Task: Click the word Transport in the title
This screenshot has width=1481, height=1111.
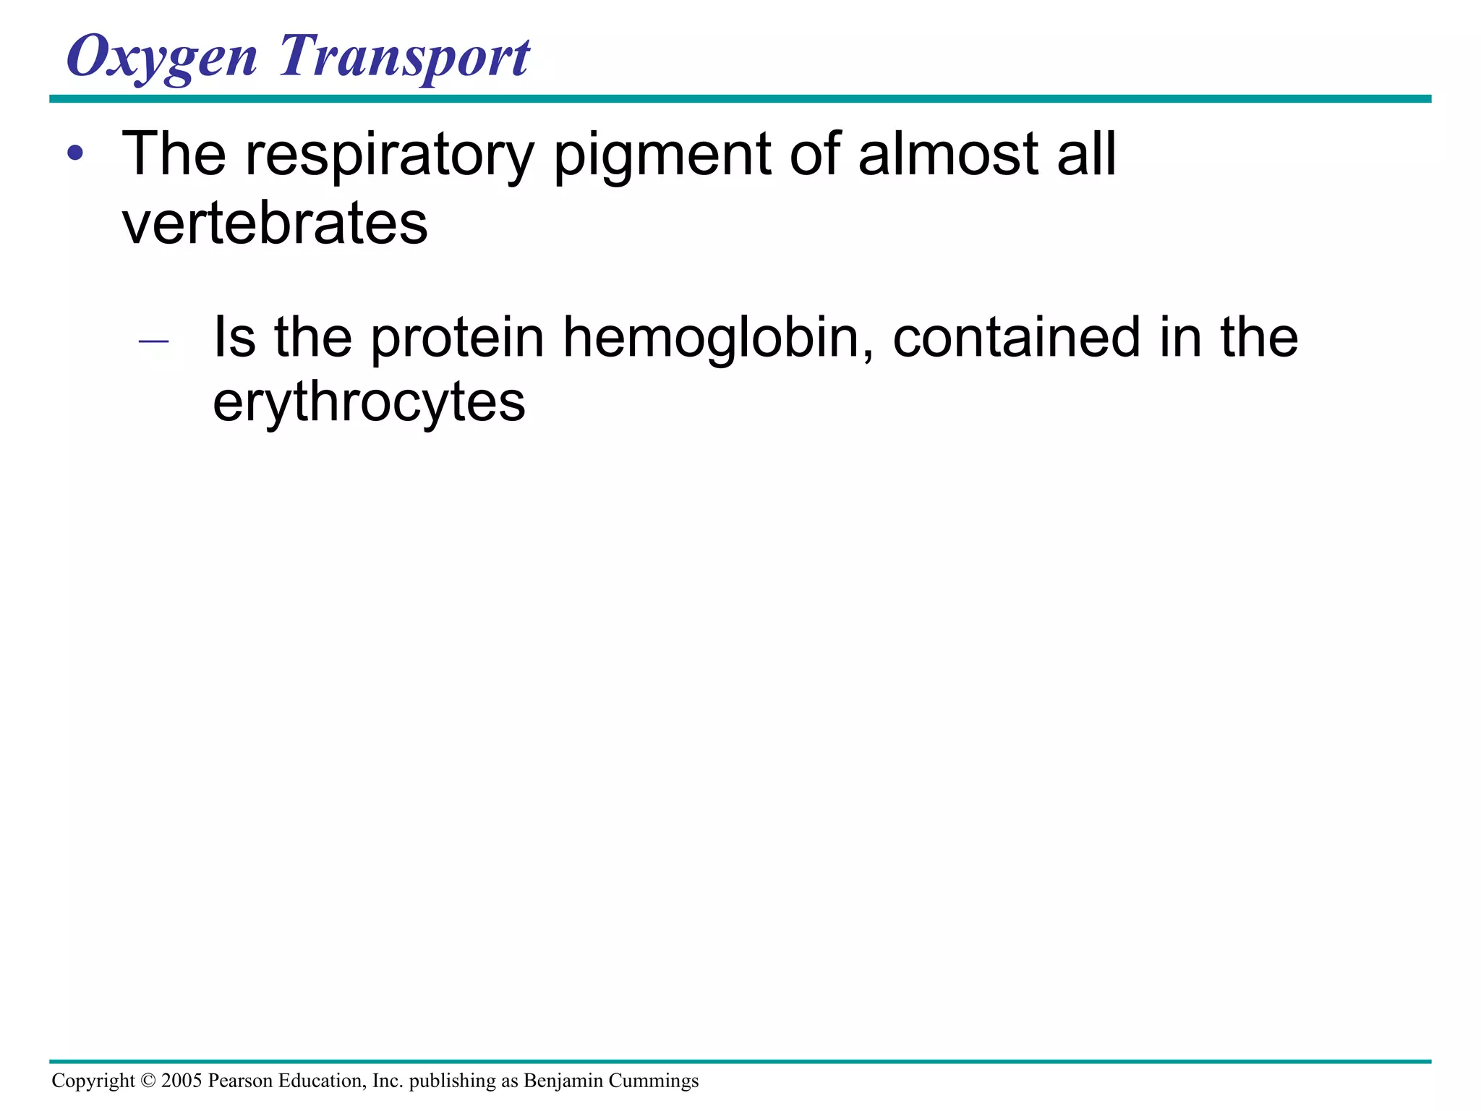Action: tap(405, 58)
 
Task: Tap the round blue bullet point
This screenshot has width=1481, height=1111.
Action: tap(74, 153)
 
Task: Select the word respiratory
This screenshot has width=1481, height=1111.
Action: tap(389, 156)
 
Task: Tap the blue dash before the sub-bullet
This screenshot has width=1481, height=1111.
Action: tap(153, 340)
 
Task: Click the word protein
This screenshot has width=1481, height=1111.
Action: tap(457, 339)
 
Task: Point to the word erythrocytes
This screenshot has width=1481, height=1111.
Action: tap(369, 403)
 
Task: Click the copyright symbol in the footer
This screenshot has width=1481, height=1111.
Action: tap(148, 1081)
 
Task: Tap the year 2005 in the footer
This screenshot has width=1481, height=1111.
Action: tap(182, 1081)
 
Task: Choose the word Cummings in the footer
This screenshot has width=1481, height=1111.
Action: tap(654, 1081)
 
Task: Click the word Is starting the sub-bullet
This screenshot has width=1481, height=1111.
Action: tap(234, 337)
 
